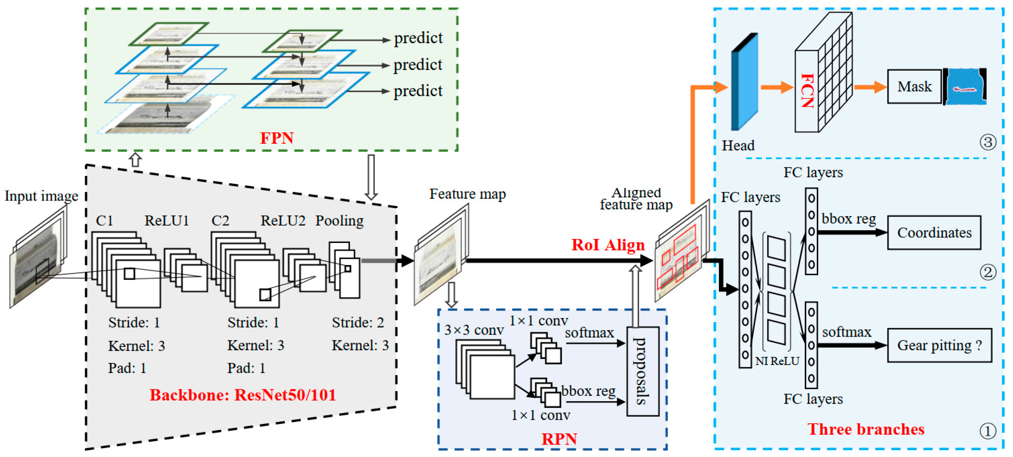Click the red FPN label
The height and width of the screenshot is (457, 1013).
coord(277,138)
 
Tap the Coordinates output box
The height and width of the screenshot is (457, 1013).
coord(934,233)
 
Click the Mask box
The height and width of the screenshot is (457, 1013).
coord(914,86)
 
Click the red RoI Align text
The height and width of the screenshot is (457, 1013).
coord(608,245)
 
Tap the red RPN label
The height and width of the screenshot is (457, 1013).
coord(559,439)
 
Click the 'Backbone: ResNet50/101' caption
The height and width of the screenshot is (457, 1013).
coord(243,395)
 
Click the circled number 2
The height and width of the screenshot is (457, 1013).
coord(987,272)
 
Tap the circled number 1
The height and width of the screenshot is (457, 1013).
coord(987,431)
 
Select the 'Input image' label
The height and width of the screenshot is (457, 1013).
coord(41,196)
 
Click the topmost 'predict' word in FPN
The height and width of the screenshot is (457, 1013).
coord(418,38)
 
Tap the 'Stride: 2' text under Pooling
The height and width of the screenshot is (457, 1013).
coord(357,323)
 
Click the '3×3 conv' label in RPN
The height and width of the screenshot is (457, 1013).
coord(474,330)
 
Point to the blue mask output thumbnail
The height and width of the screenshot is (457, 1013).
coord(966,86)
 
